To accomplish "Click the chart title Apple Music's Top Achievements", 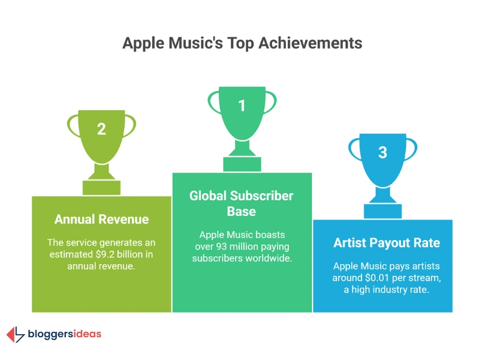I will pyautogui.click(x=242, y=43).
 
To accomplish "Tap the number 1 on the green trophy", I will pyautogui.click(x=242, y=106).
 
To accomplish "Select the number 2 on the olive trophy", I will pyautogui.click(x=101, y=129).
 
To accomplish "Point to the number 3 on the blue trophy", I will pyautogui.click(x=382, y=152).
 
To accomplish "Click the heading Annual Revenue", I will pyautogui.click(x=101, y=219).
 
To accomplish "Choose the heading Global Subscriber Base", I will pyautogui.click(x=242, y=203).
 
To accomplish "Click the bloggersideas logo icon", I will pyautogui.click(x=16, y=334).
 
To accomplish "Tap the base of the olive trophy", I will pyautogui.click(x=101, y=187).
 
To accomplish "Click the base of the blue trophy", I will pyautogui.click(x=382, y=211).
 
